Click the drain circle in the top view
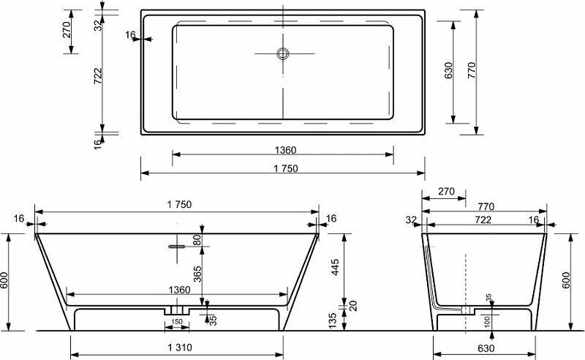(x=283, y=53)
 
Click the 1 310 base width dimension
(x=180, y=348)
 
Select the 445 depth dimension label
(x=336, y=267)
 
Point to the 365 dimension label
(x=197, y=274)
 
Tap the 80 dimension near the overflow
(x=197, y=239)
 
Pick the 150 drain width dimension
(x=177, y=321)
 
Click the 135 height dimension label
(x=333, y=320)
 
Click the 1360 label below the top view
(x=285, y=150)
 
